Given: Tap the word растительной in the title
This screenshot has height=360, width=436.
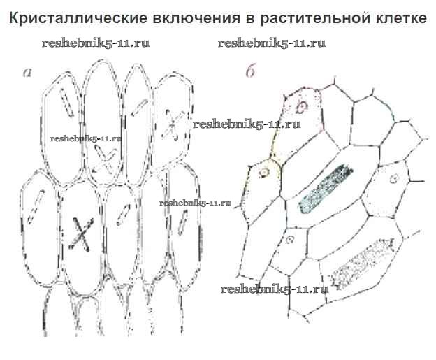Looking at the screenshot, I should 298,18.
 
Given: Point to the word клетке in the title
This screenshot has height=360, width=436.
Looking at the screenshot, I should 395,18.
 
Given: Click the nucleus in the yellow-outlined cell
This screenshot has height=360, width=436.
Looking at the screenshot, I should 265,170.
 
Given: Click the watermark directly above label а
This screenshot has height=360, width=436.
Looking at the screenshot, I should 96,43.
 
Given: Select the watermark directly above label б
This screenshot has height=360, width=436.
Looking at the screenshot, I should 272,43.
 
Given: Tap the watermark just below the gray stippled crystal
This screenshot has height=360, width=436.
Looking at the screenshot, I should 274,289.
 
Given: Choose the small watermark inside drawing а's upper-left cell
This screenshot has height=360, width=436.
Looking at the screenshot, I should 86,138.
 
